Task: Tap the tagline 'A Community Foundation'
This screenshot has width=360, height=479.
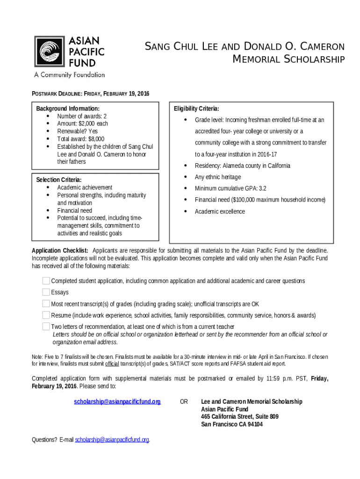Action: [x=69, y=74]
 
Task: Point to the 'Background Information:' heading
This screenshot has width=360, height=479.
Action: [x=68, y=109]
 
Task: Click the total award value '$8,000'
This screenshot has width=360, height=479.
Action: [x=93, y=139]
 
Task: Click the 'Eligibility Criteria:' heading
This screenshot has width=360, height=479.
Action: [x=196, y=109]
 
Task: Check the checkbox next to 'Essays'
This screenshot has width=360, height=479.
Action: [x=46, y=292]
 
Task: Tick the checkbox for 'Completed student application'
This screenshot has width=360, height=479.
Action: [x=46, y=281]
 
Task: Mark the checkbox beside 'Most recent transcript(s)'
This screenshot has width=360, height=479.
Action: [x=46, y=304]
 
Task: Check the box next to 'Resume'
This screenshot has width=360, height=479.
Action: [x=46, y=315]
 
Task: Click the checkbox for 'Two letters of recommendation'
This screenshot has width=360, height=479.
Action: [x=46, y=326]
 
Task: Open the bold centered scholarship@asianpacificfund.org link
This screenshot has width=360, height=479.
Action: [x=117, y=402]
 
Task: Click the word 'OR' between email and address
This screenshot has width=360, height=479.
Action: [x=184, y=402]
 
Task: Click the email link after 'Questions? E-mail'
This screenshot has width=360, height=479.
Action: [x=112, y=440]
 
